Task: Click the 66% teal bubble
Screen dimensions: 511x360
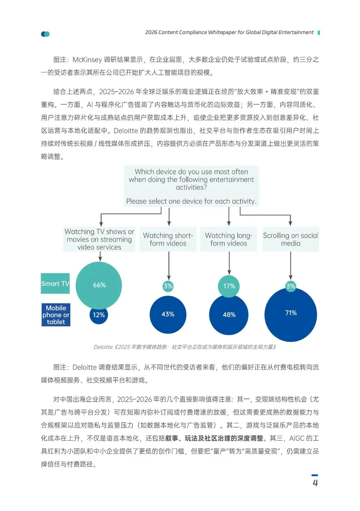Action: click(x=99, y=285)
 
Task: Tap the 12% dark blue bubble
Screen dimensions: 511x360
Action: click(x=99, y=315)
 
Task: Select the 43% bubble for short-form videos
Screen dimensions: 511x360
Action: click(x=168, y=314)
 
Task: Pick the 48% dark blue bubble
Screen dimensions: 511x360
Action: click(x=229, y=315)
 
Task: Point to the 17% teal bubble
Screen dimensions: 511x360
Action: click(x=229, y=286)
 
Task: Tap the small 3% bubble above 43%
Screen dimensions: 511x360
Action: click(x=168, y=286)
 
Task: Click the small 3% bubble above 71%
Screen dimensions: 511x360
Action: click(x=291, y=286)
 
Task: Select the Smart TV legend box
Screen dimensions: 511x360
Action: click(x=55, y=283)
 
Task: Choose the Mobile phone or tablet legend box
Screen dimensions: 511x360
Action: click(x=56, y=315)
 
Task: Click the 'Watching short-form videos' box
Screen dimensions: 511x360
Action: click(x=168, y=239)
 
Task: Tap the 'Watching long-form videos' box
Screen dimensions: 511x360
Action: click(x=229, y=239)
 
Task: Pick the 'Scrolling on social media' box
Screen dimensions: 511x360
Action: click(x=290, y=239)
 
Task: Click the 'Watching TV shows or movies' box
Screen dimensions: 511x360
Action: click(x=99, y=239)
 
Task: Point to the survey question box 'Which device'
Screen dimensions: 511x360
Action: click(x=191, y=186)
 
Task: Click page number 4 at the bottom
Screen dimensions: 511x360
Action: click(x=315, y=483)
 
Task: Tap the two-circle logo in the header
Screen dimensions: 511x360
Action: click(x=45, y=34)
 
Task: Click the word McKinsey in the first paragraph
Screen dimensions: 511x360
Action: click(x=87, y=60)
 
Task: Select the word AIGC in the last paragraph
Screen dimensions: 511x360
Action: click(x=297, y=438)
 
